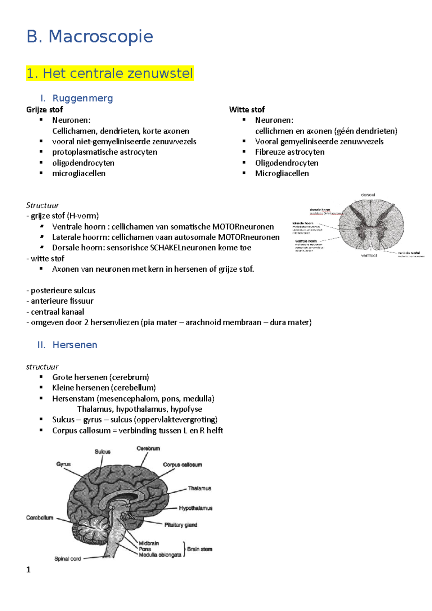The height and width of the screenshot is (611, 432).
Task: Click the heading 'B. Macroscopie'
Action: (90, 37)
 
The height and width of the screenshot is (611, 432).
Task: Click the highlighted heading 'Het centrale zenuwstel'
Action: (117, 73)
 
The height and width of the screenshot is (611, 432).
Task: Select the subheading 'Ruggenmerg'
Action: (82, 98)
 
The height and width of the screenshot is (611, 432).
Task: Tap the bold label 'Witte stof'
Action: (247, 109)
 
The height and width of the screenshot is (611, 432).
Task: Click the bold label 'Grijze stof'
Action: (44, 109)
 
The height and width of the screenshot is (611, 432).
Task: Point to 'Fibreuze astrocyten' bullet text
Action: (289, 152)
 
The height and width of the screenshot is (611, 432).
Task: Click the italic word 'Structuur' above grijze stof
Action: (42, 205)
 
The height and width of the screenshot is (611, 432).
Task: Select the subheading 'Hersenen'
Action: (75, 345)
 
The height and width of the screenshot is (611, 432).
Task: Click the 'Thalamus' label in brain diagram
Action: (199, 488)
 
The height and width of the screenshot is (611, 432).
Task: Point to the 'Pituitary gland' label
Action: (181, 525)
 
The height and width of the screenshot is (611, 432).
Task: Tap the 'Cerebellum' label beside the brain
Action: (40, 518)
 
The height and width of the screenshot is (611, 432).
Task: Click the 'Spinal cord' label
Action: (67, 559)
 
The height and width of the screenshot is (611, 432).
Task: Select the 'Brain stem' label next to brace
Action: (199, 549)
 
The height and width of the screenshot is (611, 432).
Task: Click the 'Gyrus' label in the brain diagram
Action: (63, 464)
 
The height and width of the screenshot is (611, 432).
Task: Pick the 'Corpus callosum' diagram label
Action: (182, 465)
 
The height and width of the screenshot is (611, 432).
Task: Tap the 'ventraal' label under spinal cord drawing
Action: (369, 255)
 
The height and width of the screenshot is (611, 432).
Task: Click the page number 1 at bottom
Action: (28, 570)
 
